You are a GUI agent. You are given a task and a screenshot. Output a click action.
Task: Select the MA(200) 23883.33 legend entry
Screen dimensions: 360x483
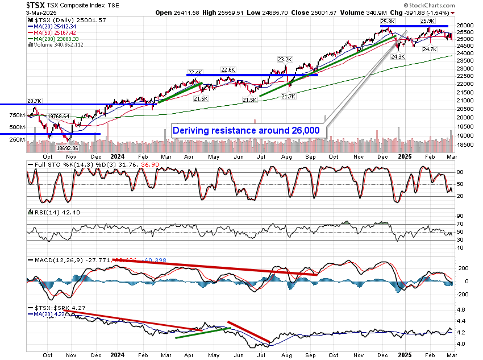click(55, 39)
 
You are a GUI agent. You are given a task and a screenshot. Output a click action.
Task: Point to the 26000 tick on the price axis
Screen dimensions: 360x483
click(465, 26)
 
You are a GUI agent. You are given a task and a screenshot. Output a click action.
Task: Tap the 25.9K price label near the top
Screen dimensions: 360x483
click(427, 21)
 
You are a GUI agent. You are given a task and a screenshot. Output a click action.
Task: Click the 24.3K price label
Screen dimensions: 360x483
click(398, 57)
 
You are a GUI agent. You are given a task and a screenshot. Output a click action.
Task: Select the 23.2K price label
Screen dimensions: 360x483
click(285, 59)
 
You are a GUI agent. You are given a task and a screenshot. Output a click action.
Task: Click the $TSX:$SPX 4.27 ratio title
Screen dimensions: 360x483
click(52, 308)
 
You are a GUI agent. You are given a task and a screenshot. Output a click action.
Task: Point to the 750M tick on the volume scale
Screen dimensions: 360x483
click(17, 115)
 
